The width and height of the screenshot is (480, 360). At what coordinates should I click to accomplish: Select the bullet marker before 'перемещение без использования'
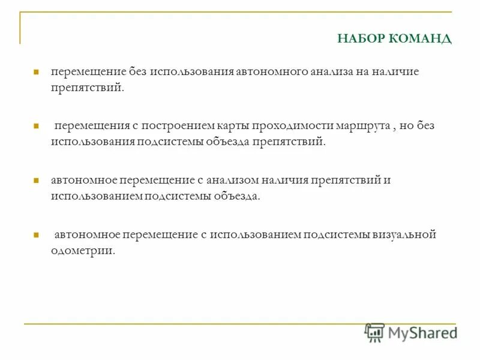tap(36, 71)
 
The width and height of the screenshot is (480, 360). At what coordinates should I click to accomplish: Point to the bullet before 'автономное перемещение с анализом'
tap(36, 180)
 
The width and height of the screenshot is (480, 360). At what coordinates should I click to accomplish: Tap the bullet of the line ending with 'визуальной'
tap(36, 235)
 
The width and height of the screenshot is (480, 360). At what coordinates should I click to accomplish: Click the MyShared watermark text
tap(422, 332)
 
